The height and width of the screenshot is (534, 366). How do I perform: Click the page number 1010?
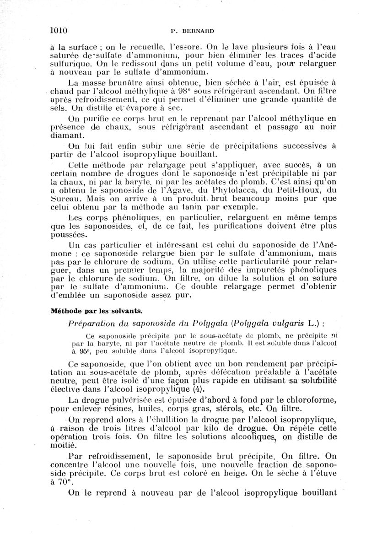(x=59, y=31)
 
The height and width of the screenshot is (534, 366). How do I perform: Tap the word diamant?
(x=65, y=136)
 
